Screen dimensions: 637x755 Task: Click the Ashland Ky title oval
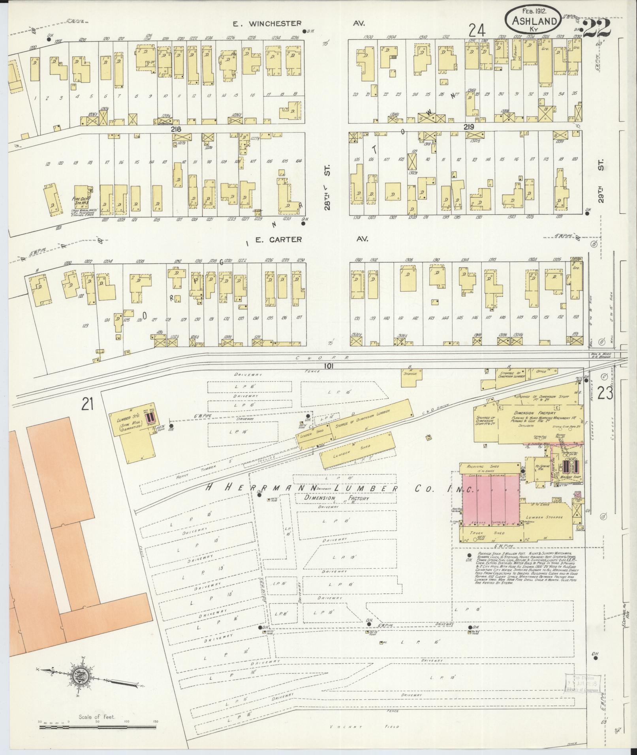[532, 18]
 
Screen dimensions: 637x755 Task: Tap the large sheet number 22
[597, 28]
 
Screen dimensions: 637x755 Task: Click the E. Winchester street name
[272, 24]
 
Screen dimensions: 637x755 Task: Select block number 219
[469, 127]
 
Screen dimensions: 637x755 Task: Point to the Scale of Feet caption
[97, 717]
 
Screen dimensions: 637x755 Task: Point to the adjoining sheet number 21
[88, 404]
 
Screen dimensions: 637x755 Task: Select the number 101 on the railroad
[329, 366]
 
